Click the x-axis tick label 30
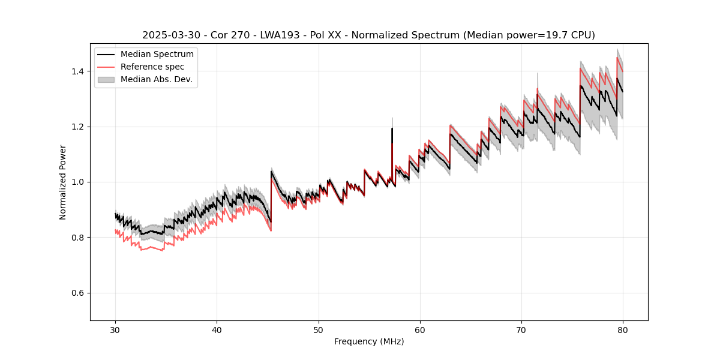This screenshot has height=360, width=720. point(116,329)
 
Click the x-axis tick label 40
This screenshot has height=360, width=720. point(217,329)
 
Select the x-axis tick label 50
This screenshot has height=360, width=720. point(319,329)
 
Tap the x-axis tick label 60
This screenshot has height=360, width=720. point(420,329)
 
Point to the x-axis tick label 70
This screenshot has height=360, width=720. point(521,329)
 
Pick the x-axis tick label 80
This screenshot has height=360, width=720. point(623,329)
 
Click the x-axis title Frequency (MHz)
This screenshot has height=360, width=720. point(369,341)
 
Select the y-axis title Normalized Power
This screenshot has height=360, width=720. point(63,182)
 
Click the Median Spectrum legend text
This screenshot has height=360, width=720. point(157,55)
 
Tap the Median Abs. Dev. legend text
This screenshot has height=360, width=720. point(156,79)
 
